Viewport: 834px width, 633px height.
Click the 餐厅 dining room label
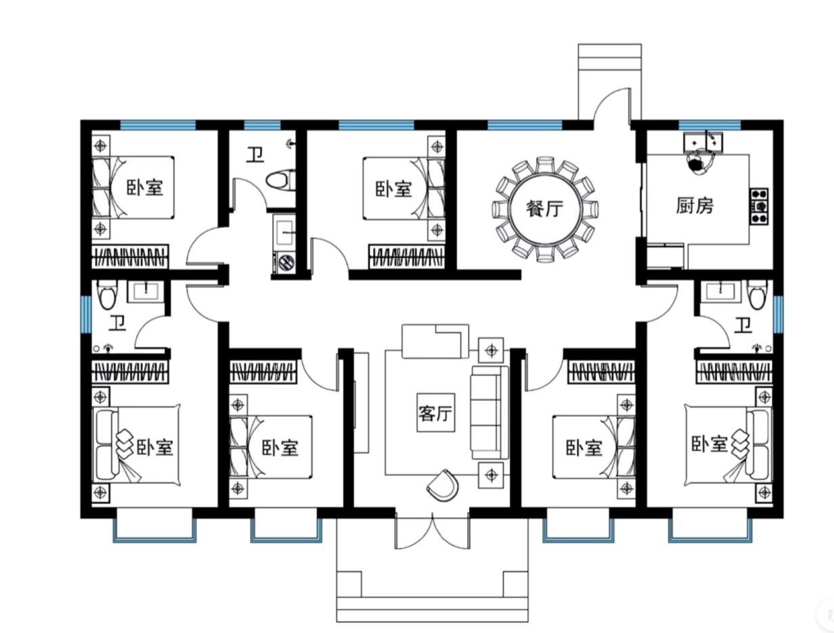[544, 208]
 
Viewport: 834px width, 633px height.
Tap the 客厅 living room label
[436, 413]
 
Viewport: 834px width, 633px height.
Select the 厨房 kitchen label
[695, 206]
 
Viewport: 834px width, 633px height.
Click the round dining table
[544, 209]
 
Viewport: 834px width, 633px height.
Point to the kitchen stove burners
[759, 206]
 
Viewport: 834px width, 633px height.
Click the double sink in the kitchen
[703, 142]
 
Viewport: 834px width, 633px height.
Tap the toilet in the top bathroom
[281, 181]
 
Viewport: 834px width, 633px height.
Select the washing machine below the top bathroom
[285, 262]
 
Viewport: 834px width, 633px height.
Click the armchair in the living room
[443, 485]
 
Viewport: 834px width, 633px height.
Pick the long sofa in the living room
[489, 413]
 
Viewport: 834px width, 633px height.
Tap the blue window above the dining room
[525, 125]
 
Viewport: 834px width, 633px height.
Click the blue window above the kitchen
[709, 125]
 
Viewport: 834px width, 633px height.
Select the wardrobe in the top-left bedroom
[130, 256]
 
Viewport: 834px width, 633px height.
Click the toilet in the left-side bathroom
[107, 295]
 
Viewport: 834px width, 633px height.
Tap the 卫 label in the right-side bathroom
[743, 325]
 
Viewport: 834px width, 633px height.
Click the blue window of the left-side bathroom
[85, 314]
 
